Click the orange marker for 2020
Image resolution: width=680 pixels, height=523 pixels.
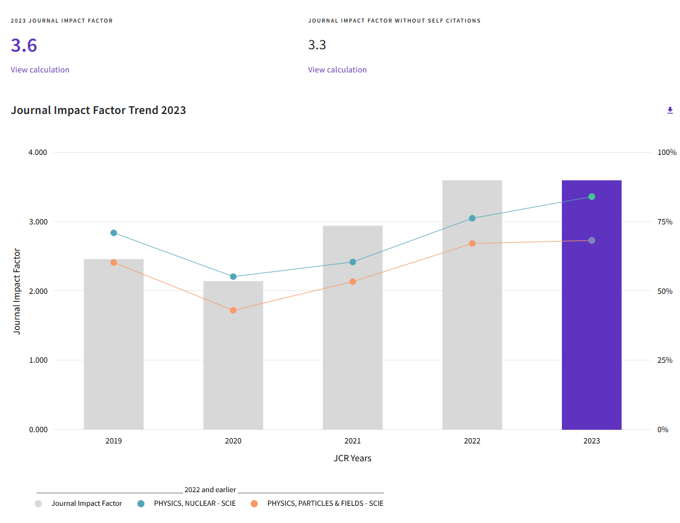[233, 310]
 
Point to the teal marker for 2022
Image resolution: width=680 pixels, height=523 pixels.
[472, 218]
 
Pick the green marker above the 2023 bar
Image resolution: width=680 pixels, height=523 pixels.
[592, 196]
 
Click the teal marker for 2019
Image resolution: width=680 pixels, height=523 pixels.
[113, 233]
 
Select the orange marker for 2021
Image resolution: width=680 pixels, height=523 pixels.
[352, 281]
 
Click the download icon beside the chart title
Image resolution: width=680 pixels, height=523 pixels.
[670, 110]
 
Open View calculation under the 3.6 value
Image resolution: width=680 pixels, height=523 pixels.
[40, 69]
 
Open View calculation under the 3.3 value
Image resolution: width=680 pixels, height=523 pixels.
[337, 69]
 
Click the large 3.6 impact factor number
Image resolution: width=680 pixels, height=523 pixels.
[24, 45]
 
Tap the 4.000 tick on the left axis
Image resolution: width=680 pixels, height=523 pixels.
[37, 152]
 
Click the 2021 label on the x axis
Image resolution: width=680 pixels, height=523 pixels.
[352, 441]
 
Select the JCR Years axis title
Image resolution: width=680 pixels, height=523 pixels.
[352, 458]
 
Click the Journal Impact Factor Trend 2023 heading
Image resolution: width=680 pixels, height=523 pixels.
[98, 110]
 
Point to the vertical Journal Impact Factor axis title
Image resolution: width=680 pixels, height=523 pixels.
[17, 291]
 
